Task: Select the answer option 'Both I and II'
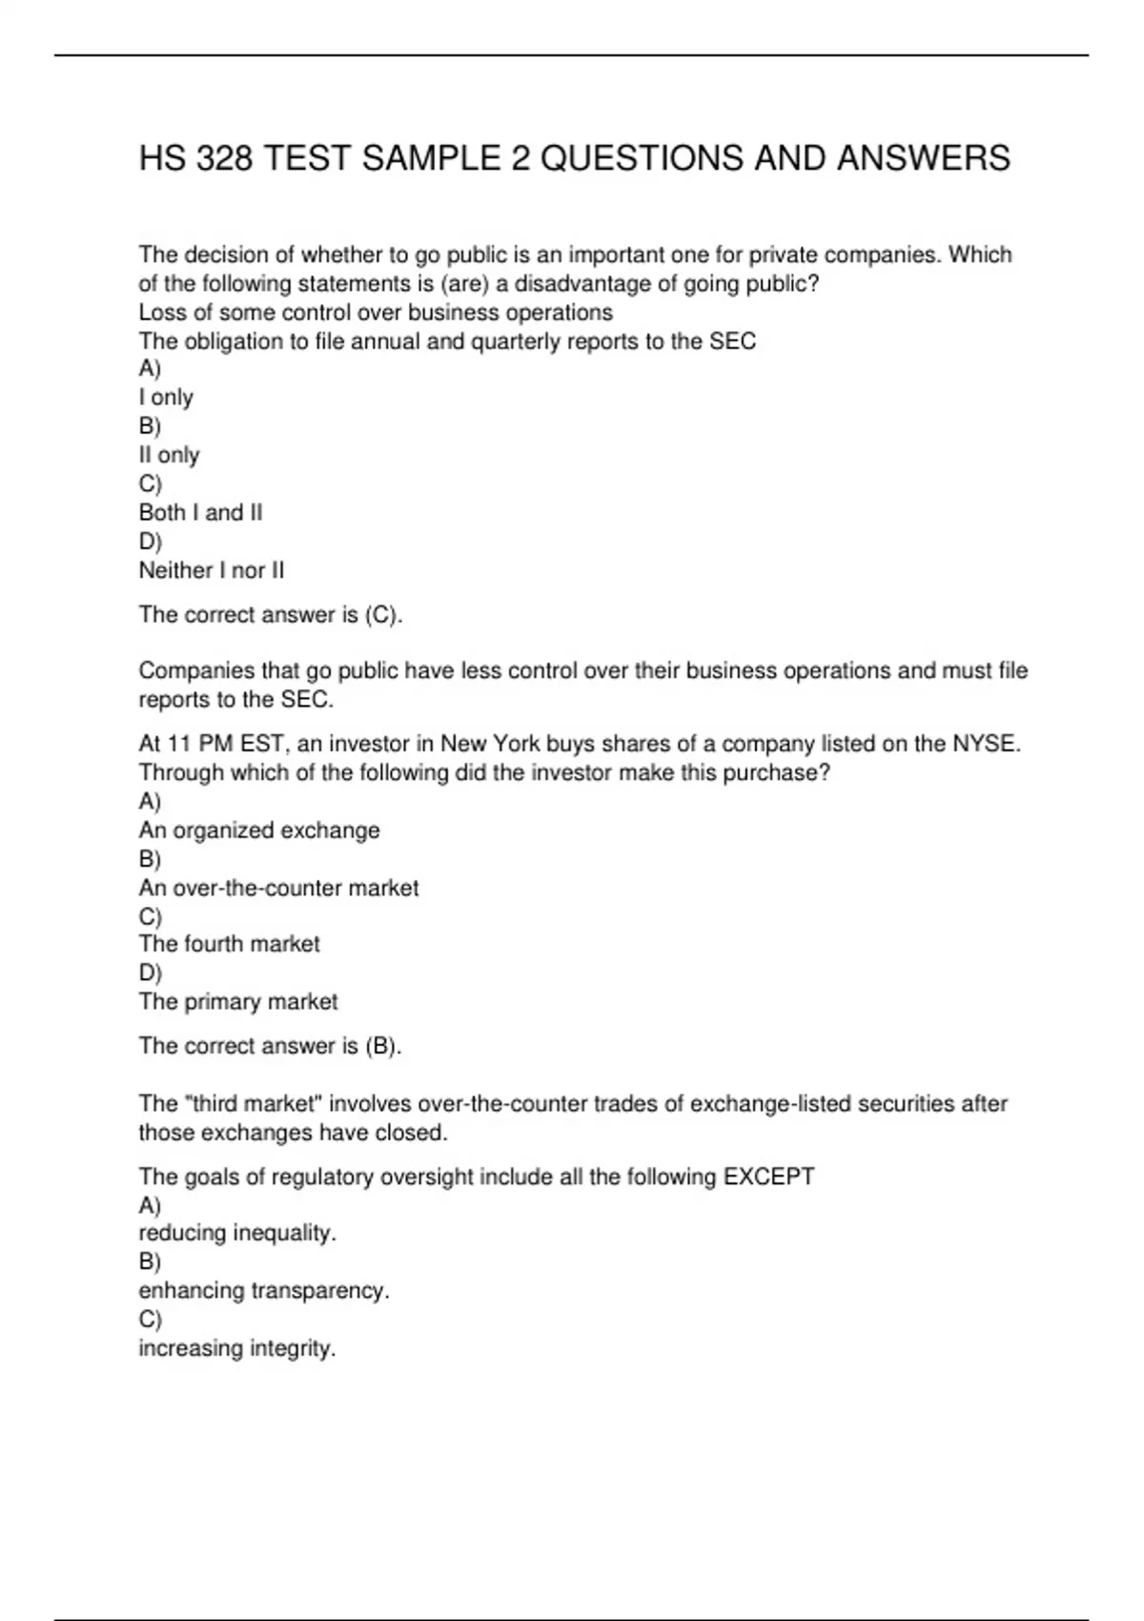tap(200, 513)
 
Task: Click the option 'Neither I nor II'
tap(211, 570)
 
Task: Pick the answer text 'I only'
tap(166, 398)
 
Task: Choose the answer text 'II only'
tap(169, 455)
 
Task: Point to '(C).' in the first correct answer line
tap(383, 615)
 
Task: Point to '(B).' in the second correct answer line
tap(383, 1046)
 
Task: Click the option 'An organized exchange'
tap(259, 831)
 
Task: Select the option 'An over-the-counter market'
tap(278, 888)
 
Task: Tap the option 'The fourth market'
tap(229, 944)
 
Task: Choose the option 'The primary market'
tap(238, 1001)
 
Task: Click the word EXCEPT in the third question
tap(768, 1177)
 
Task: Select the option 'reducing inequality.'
tap(237, 1233)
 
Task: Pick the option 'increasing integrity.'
tap(237, 1348)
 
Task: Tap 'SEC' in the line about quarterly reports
tap(732, 341)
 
